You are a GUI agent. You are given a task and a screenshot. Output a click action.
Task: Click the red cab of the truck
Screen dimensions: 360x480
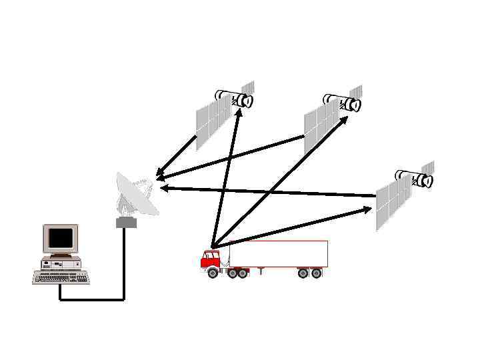[x=210, y=259]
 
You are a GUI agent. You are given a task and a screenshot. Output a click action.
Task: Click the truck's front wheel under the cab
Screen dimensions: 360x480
[x=213, y=273]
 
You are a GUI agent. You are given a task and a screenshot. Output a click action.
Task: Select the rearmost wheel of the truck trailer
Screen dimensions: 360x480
[x=317, y=273]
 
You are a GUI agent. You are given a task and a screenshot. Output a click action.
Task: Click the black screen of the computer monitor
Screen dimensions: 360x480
[x=61, y=237]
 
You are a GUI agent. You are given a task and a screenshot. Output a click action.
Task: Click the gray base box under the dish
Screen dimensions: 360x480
[x=126, y=223]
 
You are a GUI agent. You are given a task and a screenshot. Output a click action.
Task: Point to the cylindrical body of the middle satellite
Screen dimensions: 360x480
[x=342, y=102]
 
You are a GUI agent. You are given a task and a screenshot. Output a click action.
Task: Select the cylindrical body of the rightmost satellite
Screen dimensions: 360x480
[x=414, y=178]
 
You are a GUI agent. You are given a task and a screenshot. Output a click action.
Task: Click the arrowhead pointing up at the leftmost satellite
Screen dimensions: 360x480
[x=238, y=113]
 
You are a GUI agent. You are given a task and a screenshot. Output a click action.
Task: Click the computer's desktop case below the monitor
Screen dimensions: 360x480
[x=61, y=263]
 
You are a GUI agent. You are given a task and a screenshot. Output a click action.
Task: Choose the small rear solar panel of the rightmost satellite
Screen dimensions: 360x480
[x=427, y=167]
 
